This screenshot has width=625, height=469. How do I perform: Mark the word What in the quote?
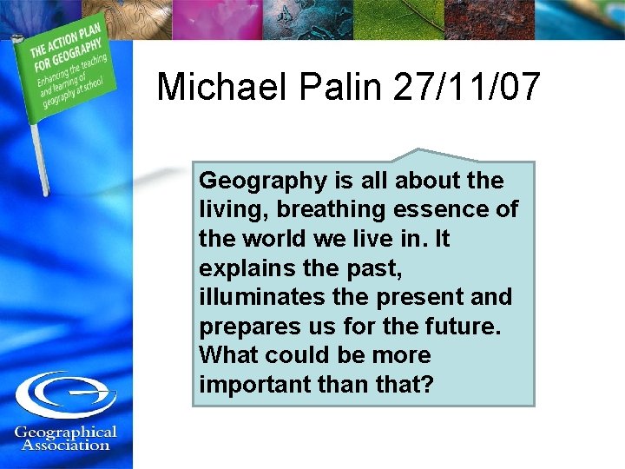click(227, 355)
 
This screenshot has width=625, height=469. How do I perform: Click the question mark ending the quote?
click(425, 385)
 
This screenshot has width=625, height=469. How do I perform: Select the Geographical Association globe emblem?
click(65, 394)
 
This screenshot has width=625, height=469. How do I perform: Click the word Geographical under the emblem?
click(66, 432)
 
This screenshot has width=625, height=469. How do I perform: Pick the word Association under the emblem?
click(66, 446)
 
